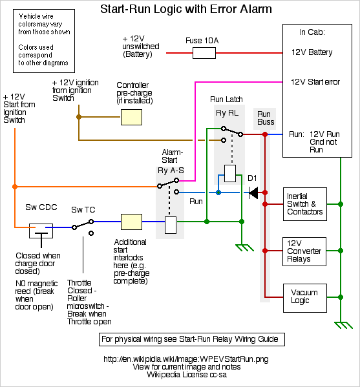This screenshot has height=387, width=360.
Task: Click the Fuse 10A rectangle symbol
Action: pos(204,53)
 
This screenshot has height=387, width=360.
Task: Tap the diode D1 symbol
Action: pos(253,193)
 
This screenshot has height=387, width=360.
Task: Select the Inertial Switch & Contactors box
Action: pos(305,204)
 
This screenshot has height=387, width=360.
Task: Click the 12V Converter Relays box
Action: pos(304,251)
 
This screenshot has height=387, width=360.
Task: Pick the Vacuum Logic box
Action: pos(305,298)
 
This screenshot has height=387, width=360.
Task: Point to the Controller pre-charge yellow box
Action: pos(131,117)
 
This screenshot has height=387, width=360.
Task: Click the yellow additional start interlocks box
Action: pos(131,222)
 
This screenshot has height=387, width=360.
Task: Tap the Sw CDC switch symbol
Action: pos(41,233)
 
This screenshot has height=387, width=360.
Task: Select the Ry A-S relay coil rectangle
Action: pos(171,225)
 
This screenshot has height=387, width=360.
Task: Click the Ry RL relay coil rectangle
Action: pos(230,173)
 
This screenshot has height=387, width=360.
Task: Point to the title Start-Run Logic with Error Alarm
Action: pos(186,9)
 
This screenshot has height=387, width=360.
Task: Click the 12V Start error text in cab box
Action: pos(315,82)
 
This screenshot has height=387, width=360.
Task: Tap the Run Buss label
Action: pos(266,118)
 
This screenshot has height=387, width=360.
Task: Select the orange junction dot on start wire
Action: pos(15,187)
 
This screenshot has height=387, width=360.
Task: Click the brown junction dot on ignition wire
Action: pos(79,117)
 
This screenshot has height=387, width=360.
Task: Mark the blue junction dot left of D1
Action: pos(218,193)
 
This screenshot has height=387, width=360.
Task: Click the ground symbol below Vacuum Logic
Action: pos(343,325)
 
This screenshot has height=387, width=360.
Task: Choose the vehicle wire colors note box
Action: pos(44,41)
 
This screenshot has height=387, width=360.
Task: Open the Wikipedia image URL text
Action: pos(186,359)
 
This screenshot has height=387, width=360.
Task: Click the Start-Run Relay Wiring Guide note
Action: pos(192,339)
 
